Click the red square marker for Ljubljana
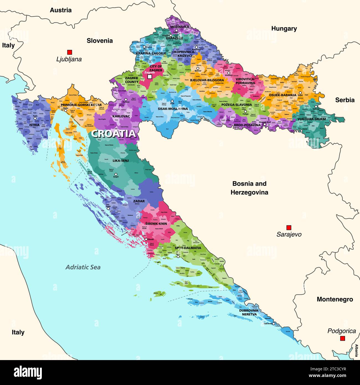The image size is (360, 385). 70,52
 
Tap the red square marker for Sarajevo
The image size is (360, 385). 289,227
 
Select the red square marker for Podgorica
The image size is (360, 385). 343,338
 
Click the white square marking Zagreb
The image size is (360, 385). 150,77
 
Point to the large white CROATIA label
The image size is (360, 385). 114,134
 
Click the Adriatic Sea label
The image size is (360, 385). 83,267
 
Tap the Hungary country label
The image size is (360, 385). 284,29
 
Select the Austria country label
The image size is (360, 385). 61,10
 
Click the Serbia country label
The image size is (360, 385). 345,100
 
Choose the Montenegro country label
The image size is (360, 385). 335,299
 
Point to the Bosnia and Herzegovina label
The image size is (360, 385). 249,188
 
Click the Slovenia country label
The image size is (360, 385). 100,41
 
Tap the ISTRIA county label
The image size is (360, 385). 34,125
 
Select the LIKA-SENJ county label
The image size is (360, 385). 120,160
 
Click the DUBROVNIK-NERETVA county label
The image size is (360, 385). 250,312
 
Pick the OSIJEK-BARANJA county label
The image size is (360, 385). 282,95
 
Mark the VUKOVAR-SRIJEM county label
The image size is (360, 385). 312,119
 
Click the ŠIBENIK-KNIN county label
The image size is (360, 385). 156,223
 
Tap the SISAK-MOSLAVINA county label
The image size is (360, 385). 173,109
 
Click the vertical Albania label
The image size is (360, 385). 356,350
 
